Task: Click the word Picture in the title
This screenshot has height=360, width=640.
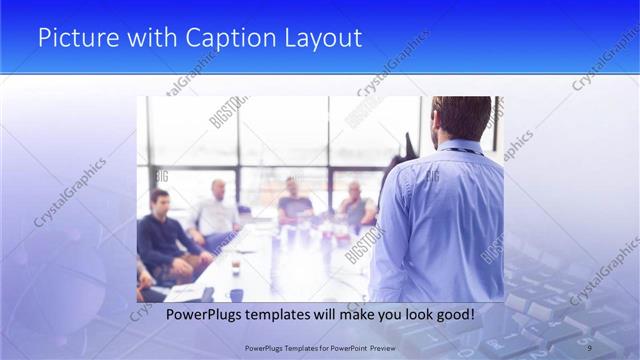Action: [73, 38]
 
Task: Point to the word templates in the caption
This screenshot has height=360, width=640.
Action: [285, 314]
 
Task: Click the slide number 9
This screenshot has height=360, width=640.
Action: [589, 346]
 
